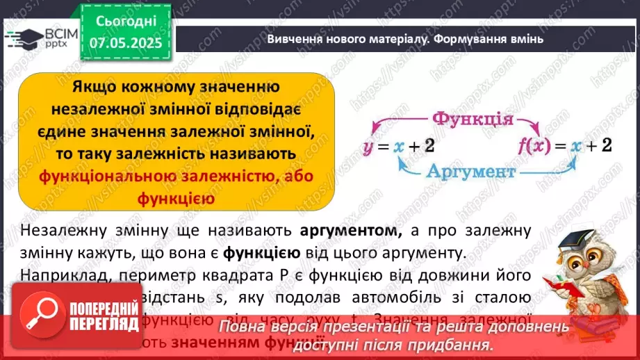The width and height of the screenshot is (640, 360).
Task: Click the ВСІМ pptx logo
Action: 41,38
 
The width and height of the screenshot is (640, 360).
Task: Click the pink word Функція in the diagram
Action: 473,120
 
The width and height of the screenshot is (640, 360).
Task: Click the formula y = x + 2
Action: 398,146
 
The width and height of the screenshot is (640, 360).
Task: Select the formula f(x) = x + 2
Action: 565,146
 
